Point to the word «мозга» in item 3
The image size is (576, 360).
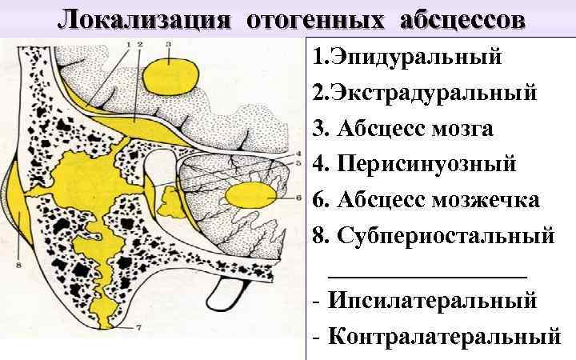click(x=459, y=129)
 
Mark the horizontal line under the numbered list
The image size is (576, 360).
click(x=428, y=274)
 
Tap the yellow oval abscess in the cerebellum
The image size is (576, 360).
click(x=250, y=194)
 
